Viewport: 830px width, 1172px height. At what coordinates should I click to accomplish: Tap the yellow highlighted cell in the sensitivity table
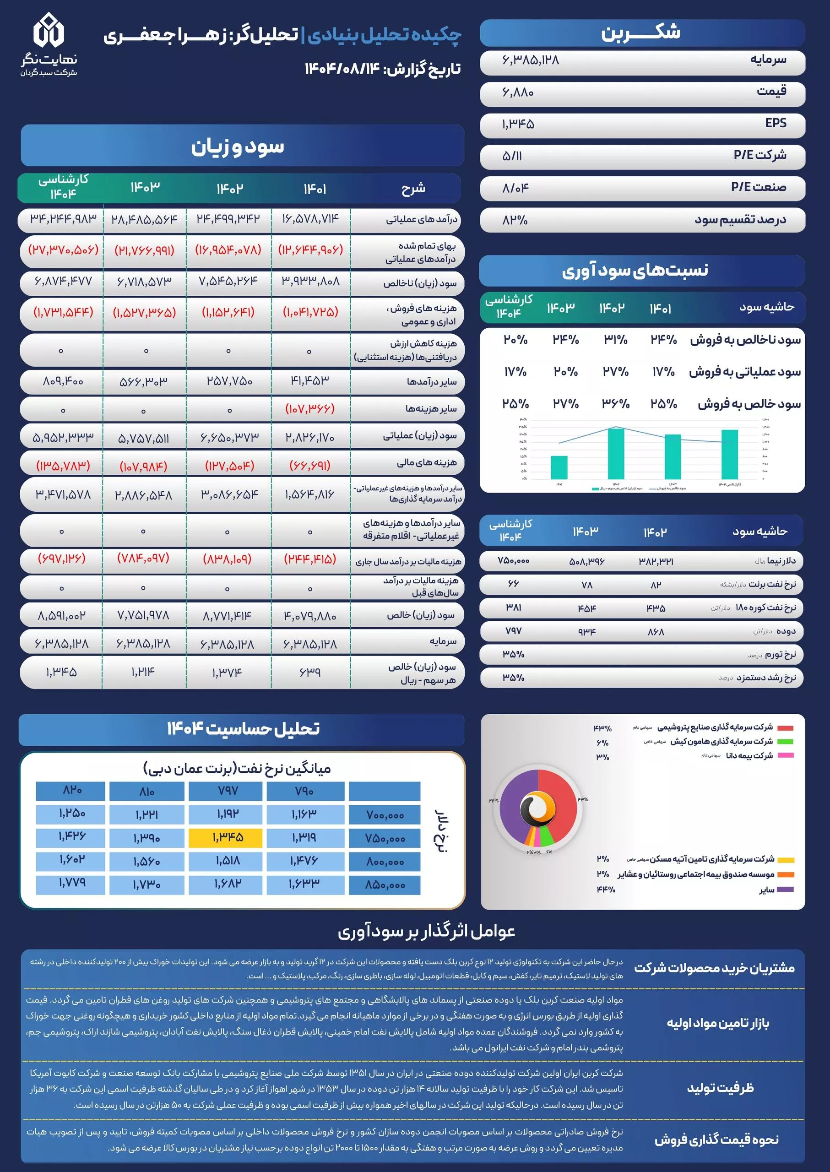click(225, 838)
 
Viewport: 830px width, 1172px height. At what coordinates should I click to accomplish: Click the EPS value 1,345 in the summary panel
click(518, 124)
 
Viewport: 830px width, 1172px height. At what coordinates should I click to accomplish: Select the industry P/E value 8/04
click(515, 188)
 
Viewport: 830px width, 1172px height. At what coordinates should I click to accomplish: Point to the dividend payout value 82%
click(515, 220)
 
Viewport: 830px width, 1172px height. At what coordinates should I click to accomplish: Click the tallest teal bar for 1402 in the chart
click(616, 452)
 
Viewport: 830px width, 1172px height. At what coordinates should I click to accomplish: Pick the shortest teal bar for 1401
click(559, 467)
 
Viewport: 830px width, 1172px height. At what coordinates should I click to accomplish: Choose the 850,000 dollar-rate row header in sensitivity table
click(385, 885)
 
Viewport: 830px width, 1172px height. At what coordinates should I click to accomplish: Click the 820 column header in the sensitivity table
click(71, 790)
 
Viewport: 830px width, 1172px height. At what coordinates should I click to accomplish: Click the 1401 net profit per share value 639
click(310, 672)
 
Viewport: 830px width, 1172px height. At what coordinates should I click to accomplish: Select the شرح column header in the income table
click(413, 189)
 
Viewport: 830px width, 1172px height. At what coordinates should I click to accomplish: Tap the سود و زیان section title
click(238, 146)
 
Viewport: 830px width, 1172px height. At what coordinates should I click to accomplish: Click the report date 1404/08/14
click(342, 69)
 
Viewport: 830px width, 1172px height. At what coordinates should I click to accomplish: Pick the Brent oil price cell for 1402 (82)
click(656, 584)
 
